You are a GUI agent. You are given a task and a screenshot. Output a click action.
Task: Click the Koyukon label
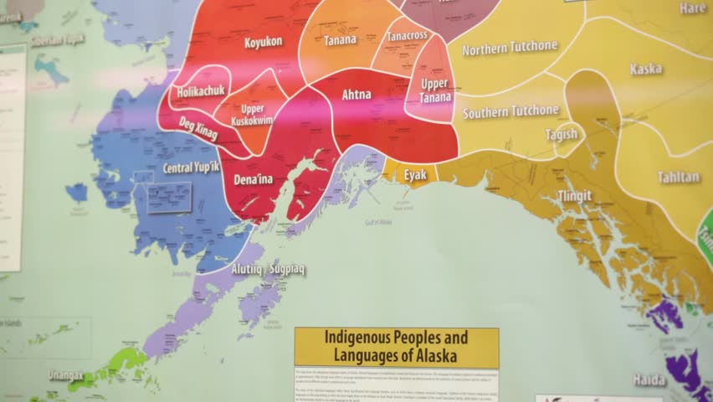(x=264, y=42)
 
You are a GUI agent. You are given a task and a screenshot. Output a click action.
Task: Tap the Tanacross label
(x=408, y=36)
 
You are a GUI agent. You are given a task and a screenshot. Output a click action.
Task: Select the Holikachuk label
(x=201, y=91)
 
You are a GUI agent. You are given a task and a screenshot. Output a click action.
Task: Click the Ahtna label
(x=356, y=95)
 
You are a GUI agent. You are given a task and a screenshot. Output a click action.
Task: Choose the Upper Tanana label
(x=434, y=90)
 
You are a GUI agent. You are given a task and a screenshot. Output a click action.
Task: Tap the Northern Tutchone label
(x=510, y=49)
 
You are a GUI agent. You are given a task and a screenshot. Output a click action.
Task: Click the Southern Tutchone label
(x=510, y=111)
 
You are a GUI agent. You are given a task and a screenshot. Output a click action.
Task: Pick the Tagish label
(x=562, y=134)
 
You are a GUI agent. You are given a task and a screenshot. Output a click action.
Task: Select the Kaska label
(x=646, y=69)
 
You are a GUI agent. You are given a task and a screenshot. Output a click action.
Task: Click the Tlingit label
(x=575, y=196)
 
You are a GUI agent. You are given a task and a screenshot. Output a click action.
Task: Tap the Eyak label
(x=415, y=175)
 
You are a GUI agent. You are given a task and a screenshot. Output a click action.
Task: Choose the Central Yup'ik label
(x=191, y=168)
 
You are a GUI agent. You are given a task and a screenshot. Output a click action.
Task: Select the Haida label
(x=649, y=379)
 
